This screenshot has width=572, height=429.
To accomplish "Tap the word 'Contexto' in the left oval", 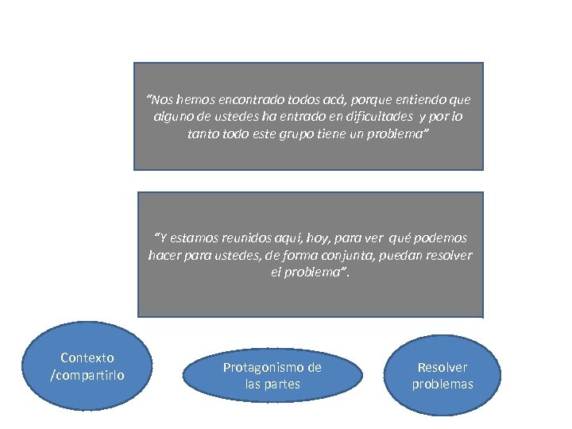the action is (87, 358).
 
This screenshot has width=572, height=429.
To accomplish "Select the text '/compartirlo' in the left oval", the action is (87, 374).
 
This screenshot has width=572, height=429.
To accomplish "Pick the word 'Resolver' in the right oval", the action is (443, 368).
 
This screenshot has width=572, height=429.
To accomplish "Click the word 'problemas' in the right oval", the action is (443, 385).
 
